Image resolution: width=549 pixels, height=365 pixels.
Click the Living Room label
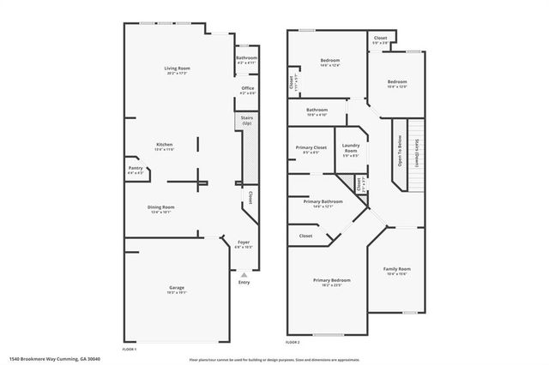[177, 68]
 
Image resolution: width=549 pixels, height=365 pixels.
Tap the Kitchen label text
[164, 144]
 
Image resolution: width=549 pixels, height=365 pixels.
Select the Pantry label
[136, 168]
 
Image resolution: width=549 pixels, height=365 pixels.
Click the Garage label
[177, 287]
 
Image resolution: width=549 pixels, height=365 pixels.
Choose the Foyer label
[244, 243]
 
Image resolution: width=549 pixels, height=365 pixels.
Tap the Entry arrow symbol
[244, 274]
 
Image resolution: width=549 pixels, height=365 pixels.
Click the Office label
[247, 87]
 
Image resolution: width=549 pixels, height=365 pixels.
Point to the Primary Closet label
[309, 148]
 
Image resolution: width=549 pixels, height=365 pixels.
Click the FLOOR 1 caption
[130, 349]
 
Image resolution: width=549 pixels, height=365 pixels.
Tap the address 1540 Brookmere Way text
[48, 360]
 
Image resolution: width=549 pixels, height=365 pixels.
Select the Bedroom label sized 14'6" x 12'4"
[330, 61]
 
